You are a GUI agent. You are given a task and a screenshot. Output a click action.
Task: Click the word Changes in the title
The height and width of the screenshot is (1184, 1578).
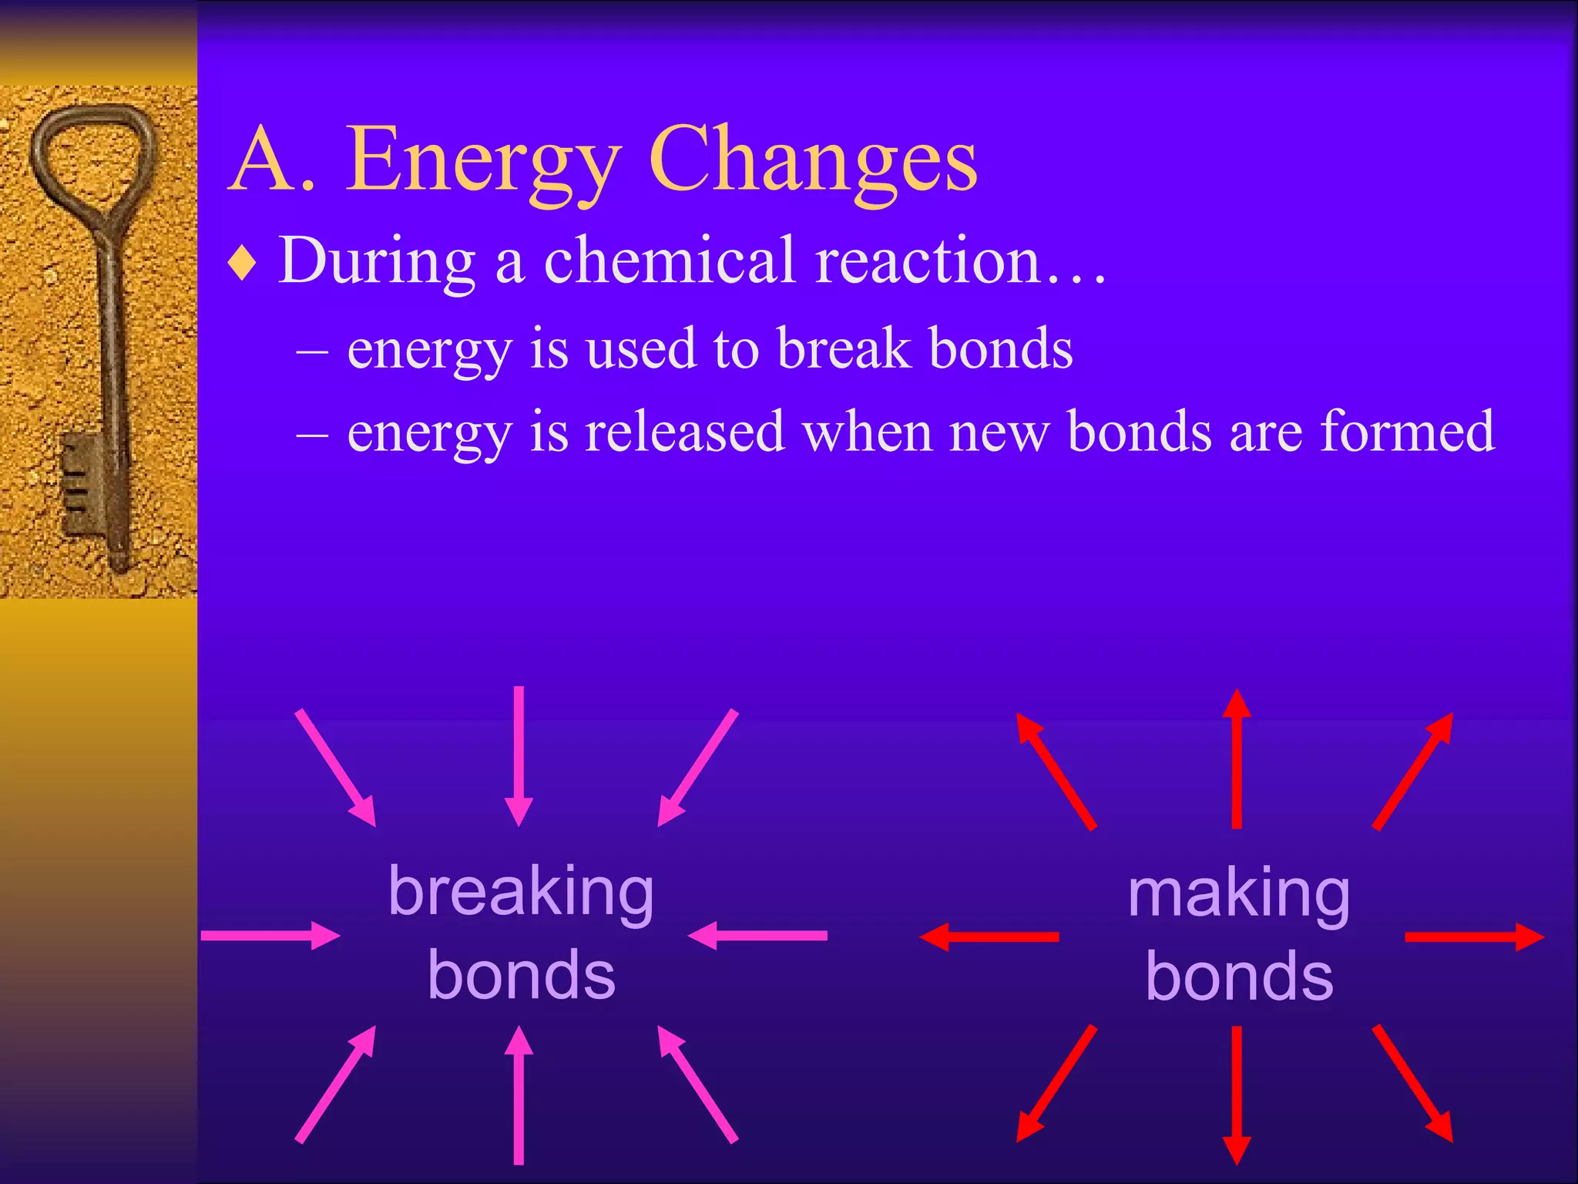tap(813, 162)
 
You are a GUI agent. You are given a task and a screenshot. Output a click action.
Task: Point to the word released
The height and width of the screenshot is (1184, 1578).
tap(684, 432)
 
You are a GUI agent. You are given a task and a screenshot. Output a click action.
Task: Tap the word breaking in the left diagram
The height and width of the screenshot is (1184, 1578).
tap(521, 893)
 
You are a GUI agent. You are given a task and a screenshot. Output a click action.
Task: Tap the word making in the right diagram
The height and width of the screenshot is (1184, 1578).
tap(1238, 894)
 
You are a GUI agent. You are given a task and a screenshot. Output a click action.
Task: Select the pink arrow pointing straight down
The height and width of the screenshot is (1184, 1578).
tap(519, 755)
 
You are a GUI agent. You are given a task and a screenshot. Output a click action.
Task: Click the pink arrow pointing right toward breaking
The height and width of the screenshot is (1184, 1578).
tap(270, 935)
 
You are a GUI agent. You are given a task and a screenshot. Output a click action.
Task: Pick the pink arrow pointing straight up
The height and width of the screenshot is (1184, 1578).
tap(519, 1095)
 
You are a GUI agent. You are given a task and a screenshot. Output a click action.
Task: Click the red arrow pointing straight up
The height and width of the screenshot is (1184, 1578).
tap(1237, 759)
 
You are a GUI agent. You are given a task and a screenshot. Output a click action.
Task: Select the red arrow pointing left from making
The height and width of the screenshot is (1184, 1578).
tap(990, 937)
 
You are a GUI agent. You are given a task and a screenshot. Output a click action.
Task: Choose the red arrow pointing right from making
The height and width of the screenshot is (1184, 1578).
tap(1473, 937)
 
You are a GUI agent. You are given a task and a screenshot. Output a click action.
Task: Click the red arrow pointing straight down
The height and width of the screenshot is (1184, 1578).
tap(1237, 1095)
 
